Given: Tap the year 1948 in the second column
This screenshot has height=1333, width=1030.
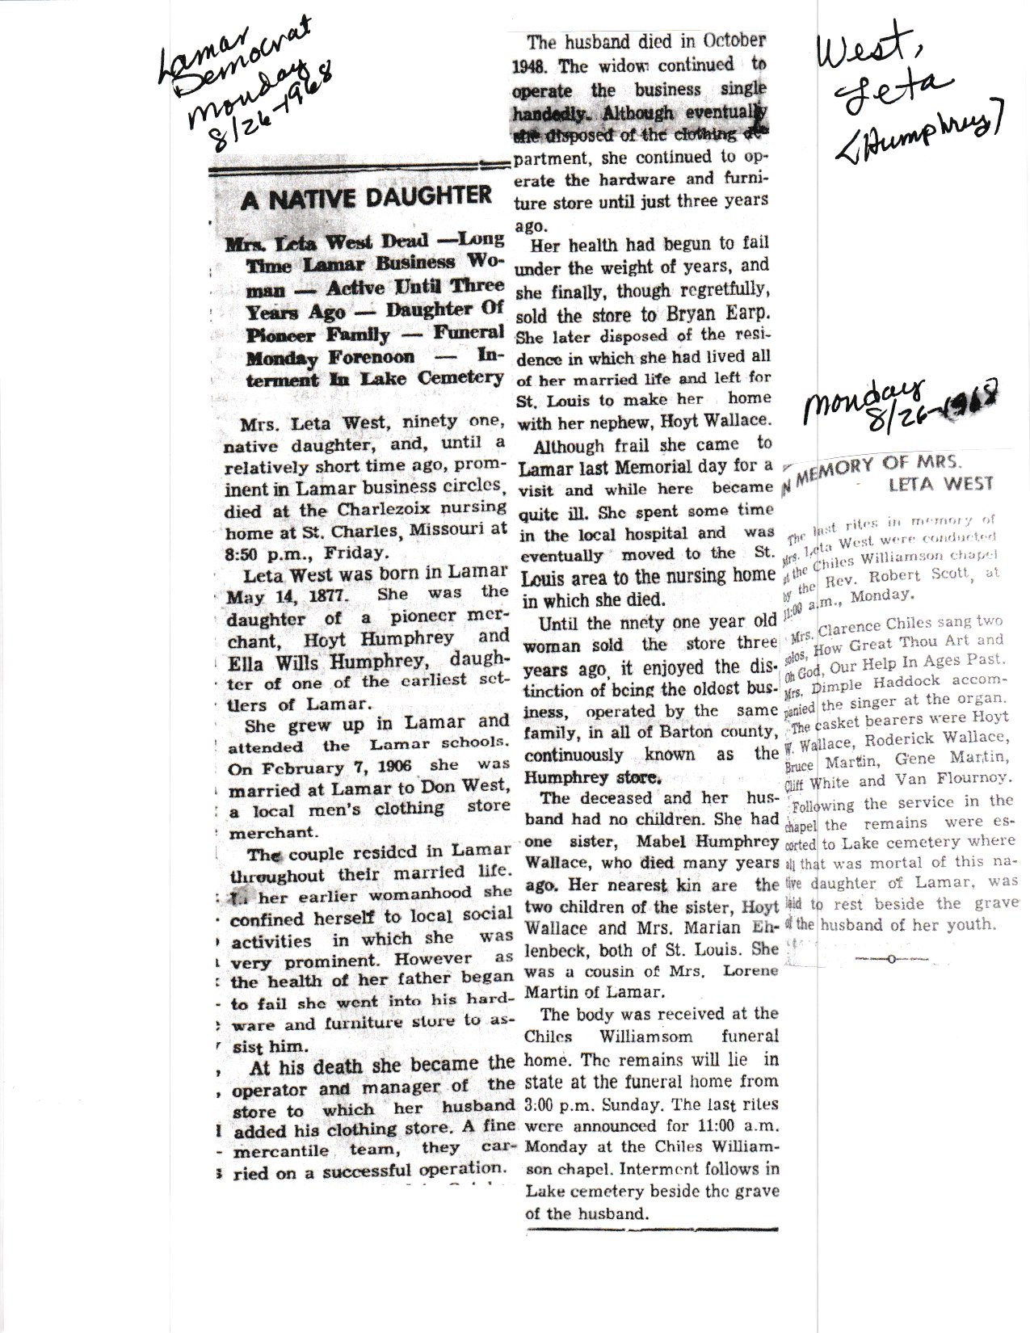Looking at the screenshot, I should pos(532,65).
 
